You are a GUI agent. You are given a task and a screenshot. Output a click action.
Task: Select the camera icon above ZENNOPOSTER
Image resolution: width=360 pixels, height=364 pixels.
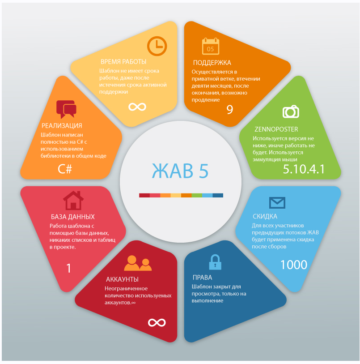pos(291,111)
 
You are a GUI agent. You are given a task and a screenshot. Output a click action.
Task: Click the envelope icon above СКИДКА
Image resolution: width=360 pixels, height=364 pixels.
pos(277,202)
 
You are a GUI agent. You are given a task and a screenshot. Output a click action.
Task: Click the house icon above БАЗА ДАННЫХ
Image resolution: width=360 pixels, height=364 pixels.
pos(73,200)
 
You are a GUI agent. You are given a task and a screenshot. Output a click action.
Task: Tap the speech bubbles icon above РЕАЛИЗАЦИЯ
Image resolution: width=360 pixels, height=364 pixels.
pos(66,109)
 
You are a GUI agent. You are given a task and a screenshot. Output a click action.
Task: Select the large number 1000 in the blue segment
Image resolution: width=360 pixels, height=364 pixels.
pos(294,265)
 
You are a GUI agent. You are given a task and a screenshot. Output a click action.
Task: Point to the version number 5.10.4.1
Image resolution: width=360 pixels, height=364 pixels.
pos(304,169)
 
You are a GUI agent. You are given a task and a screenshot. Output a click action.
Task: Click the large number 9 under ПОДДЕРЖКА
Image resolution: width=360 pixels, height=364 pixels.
pos(230,110)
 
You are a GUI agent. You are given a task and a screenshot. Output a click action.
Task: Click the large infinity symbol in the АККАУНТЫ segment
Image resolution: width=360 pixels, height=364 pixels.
pos(157,322)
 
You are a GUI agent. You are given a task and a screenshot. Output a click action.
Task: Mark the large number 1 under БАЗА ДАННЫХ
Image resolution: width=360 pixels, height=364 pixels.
pos(69,268)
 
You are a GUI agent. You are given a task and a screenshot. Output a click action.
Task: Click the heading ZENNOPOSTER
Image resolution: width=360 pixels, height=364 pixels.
pos(275,129)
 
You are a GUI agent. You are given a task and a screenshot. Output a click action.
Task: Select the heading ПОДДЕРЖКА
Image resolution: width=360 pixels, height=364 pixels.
pos(212,63)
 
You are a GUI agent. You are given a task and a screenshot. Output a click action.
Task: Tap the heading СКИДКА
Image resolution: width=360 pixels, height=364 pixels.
pos(265,217)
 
